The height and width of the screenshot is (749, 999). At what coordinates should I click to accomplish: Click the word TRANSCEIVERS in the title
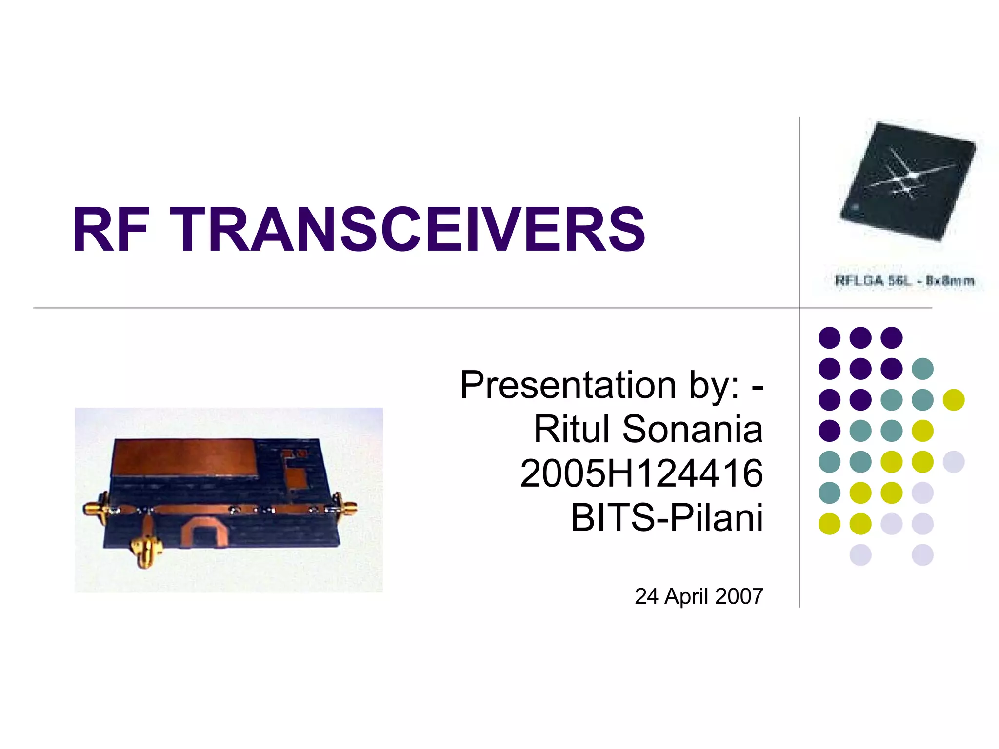(x=407, y=229)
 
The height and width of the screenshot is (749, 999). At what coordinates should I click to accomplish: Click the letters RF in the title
(x=110, y=229)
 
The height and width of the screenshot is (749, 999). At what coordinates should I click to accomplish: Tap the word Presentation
(x=568, y=385)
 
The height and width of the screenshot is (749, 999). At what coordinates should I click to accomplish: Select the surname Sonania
(x=693, y=430)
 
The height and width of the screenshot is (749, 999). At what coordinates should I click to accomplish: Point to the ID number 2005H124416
(x=641, y=473)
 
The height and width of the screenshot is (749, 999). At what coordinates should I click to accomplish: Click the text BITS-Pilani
(x=667, y=517)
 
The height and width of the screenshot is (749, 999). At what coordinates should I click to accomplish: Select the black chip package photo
(x=907, y=181)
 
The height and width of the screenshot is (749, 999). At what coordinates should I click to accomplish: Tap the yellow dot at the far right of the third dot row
(x=954, y=400)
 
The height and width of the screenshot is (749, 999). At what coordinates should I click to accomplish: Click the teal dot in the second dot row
(x=922, y=369)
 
